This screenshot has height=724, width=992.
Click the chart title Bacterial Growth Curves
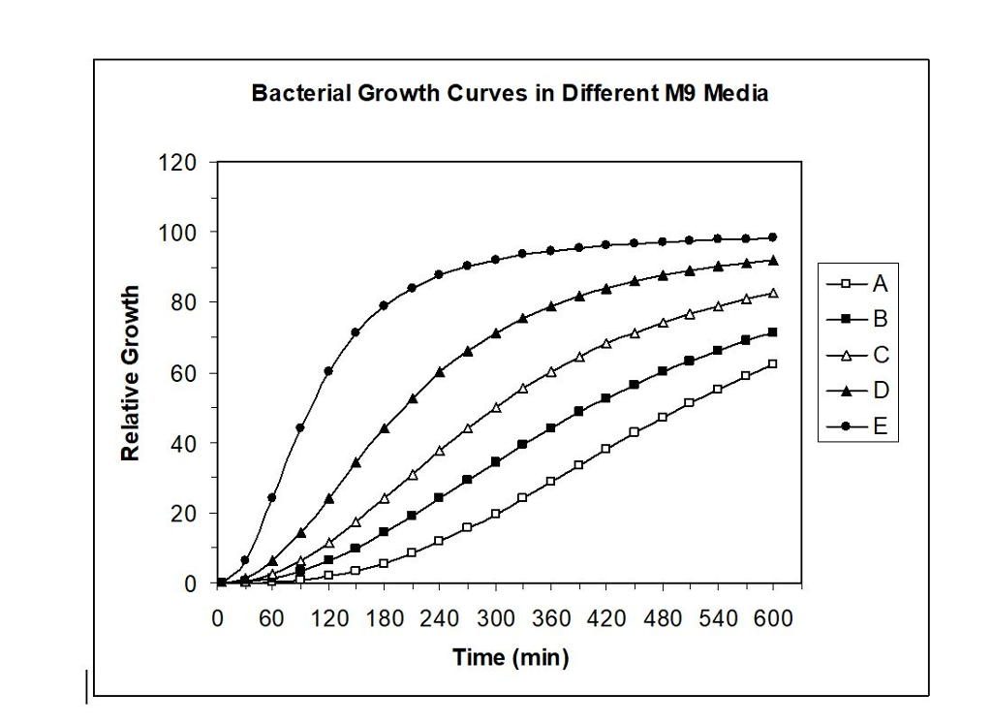point(510,94)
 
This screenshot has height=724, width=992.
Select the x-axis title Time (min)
point(511,657)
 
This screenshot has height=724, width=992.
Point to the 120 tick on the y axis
point(178,162)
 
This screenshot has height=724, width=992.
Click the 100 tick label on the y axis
point(178,233)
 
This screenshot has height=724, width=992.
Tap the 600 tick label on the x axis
point(773,618)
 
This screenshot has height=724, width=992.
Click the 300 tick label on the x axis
point(495,618)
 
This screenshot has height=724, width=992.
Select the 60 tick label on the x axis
point(272,618)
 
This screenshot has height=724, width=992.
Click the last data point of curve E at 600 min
point(773,237)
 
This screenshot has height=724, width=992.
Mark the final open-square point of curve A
point(773,364)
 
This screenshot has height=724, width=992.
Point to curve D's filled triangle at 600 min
point(773,260)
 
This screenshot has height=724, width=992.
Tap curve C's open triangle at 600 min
point(773,293)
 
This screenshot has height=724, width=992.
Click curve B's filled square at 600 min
point(773,332)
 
